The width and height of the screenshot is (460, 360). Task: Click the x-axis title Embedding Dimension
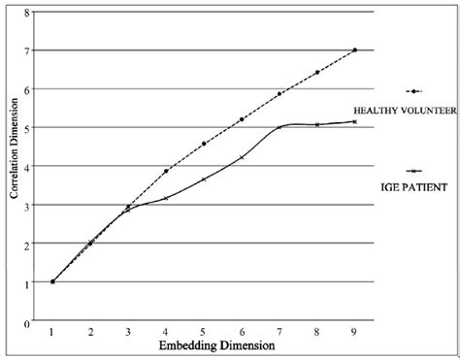[x=205, y=344]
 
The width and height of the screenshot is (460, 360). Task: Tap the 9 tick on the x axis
[x=355, y=332]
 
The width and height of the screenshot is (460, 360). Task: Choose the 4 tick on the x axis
[x=166, y=332]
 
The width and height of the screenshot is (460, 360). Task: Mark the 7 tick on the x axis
[x=279, y=332]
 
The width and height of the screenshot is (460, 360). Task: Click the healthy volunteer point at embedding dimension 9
[x=355, y=49]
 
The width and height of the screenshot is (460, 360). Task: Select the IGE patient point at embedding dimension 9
[x=355, y=121]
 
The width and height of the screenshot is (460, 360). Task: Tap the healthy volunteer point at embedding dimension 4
[x=166, y=171]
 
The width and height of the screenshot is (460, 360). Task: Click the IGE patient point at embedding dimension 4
[x=166, y=198]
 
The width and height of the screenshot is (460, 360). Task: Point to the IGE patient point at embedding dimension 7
[x=279, y=127]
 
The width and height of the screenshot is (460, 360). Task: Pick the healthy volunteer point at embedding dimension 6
[x=242, y=119]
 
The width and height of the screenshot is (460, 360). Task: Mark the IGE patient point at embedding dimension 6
[x=242, y=157]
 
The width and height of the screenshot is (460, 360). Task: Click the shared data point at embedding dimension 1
[x=52, y=281]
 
